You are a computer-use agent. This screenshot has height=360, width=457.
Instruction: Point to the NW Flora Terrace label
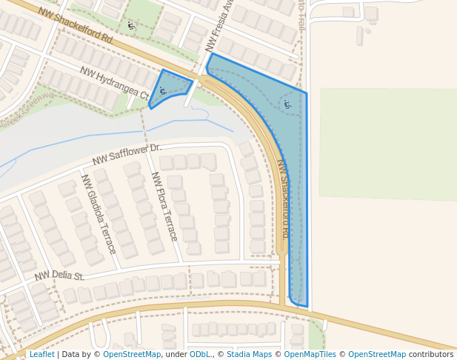tap(164, 206)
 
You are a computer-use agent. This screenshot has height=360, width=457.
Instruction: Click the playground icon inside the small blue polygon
tap(162, 91)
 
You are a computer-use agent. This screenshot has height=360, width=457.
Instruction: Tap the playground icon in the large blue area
tap(287, 105)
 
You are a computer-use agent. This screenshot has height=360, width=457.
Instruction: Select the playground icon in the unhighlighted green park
tap(132, 25)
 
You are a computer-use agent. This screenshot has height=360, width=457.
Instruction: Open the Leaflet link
tap(42, 354)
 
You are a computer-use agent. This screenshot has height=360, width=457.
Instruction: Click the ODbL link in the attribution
tap(200, 354)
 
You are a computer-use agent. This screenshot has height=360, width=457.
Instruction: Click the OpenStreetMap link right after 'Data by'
tap(132, 354)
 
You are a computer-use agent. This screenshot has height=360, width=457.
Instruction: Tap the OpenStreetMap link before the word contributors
tap(377, 354)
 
